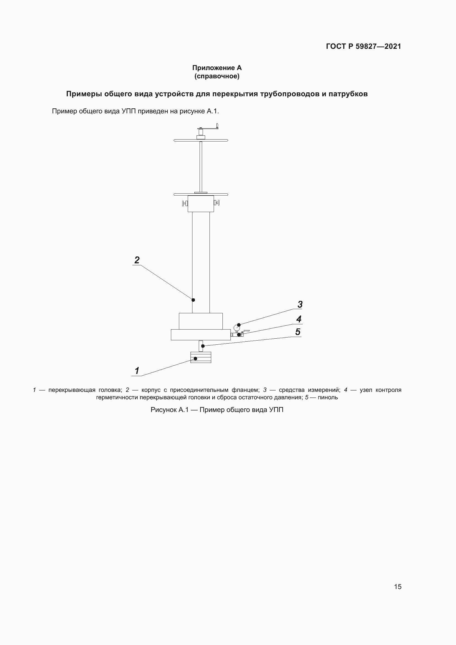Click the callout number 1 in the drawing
pos(137,371)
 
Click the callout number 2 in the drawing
pos(137,260)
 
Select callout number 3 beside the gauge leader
pos(300,304)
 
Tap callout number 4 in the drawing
pos(299,319)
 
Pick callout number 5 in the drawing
pos(298,332)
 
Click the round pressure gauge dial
pos(237,327)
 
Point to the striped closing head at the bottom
pos(201,357)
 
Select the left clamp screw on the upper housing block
pos(185,203)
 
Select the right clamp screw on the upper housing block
pos(217,203)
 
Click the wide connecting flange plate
pos(200,334)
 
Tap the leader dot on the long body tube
pos(193,300)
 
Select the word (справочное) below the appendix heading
pos(217,76)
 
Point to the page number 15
pos(398,587)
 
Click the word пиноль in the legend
pos(328,398)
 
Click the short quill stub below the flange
pos(201,346)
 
